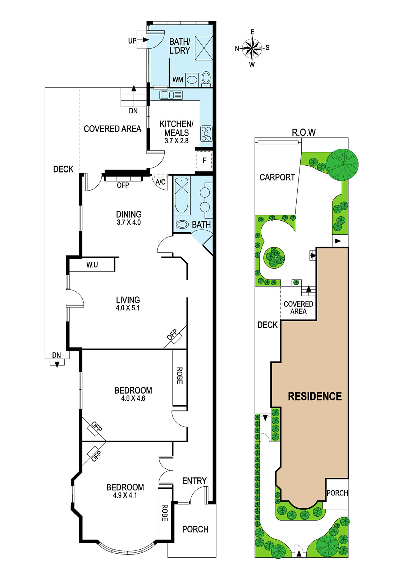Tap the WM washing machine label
tap(178, 80)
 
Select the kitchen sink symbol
tap(171, 95)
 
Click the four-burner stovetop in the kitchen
tap(206, 134)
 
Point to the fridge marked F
tap(204, 161)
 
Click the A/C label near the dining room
tap(161, 182)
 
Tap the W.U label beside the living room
tap(92, 265)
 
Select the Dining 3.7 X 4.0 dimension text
tap(129, 222)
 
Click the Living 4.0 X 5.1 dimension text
tap(128, 308)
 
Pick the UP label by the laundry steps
tap(132, 41)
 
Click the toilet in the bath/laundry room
tap(206, 77)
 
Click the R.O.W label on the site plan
tap(304, 132)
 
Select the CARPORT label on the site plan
tap(277, 177)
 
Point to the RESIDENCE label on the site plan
tap(315, 396)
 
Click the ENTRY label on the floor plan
tap(195, 481)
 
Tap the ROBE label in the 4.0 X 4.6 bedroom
tap(179, 375)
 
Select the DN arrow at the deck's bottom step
tap(57, 364)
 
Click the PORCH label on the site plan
tap(337, 493)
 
